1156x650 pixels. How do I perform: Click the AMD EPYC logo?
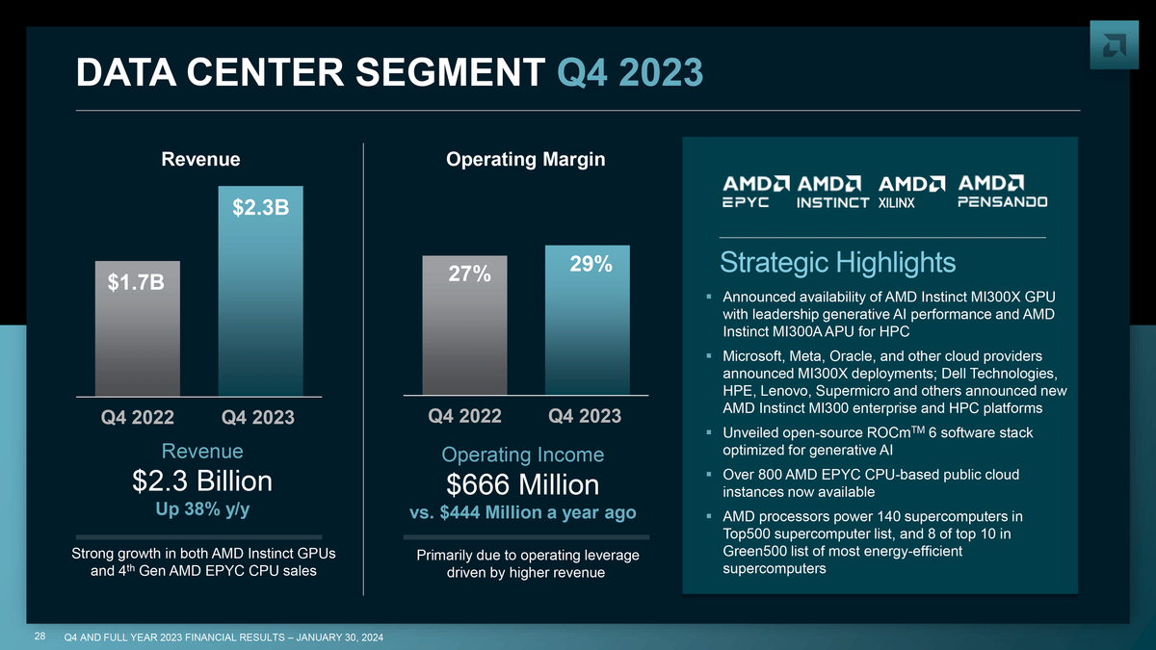click(757, 191)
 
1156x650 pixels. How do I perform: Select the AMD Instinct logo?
click(833, 191)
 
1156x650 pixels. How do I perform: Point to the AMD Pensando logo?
click(1002, 191)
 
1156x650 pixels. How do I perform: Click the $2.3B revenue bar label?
click(261, 208)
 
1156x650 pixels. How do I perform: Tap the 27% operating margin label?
click(470, 274)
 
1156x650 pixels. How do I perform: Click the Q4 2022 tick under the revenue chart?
click(138, 418)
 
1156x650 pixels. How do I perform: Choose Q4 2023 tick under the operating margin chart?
click(585, 416)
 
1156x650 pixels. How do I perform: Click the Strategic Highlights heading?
click(837, 262)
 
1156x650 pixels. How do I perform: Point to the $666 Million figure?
click(522, 484)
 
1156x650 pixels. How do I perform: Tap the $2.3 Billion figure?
click(202, 481)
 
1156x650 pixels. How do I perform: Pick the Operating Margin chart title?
click(526, 159)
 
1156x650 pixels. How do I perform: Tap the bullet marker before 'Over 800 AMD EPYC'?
click(709, 475)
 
